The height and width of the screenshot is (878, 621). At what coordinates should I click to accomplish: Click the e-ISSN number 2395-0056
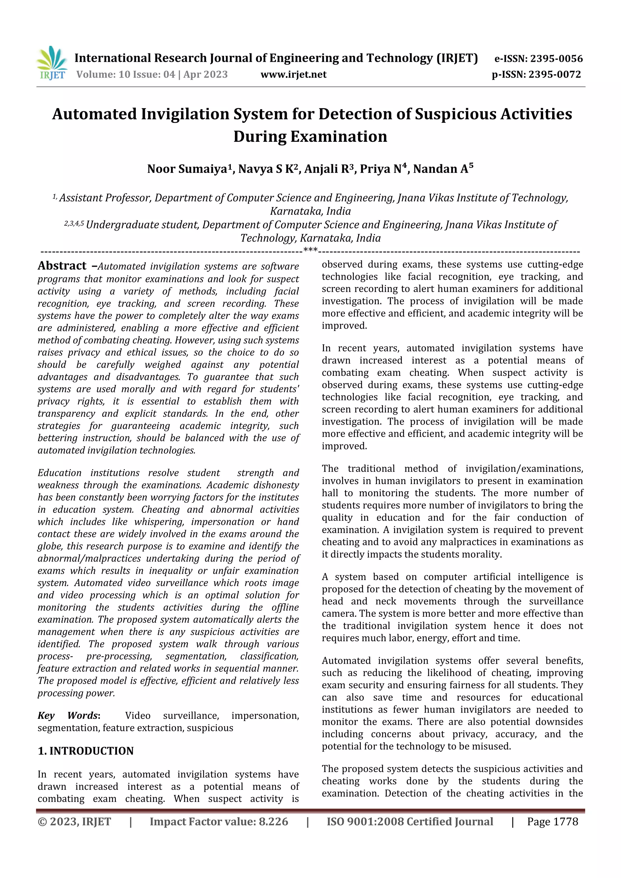point(556,59)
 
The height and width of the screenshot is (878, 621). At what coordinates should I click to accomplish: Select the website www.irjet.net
point(294,75)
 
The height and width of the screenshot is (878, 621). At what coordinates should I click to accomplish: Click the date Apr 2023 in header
point(206,75)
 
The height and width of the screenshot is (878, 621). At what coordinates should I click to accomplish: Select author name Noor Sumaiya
point(187,169)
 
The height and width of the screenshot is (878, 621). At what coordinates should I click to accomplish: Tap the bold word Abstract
point(62,266)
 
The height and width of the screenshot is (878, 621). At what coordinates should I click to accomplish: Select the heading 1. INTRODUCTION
point(86,751)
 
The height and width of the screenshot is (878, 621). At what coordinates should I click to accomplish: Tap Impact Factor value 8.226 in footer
point(219,822)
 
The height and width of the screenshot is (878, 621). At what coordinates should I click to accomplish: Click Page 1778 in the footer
point(552,822)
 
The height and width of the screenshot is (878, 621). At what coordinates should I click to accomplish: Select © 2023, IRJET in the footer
point(74,822)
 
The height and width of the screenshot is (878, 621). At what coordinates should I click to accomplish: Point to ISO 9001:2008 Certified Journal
point(410,822)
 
